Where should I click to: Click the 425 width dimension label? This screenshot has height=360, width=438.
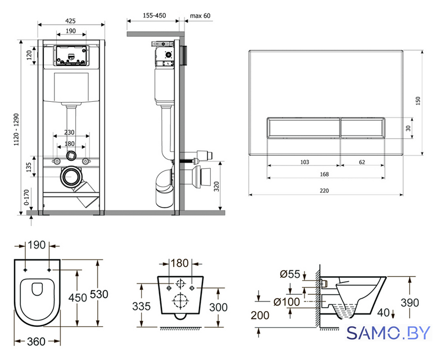[70, 21]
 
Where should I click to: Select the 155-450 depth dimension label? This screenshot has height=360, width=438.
[154, 16]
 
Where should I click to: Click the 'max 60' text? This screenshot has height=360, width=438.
[200, 16]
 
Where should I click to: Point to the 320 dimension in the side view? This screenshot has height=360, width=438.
[216, 186]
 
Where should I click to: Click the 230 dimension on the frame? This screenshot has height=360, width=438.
[69, 132]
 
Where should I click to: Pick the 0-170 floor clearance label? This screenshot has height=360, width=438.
[26, 197]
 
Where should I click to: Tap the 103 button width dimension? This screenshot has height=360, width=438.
[305, 162]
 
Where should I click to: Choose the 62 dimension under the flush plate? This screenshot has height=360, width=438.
[362, 162]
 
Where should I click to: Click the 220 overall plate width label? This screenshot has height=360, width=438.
[324, 191]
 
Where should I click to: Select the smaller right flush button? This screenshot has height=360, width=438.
[362, 128]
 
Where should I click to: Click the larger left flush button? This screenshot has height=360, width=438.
[304, 128]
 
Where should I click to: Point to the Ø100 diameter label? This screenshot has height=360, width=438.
[286, 302]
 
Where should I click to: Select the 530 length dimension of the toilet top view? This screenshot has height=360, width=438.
[99, 294]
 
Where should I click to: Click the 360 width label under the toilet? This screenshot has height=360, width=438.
[37, 341]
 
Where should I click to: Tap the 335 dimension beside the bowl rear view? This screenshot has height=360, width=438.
[141, 307]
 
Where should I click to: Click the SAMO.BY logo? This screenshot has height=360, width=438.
[389, 333]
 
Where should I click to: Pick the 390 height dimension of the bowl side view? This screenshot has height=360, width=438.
[410, 303]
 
